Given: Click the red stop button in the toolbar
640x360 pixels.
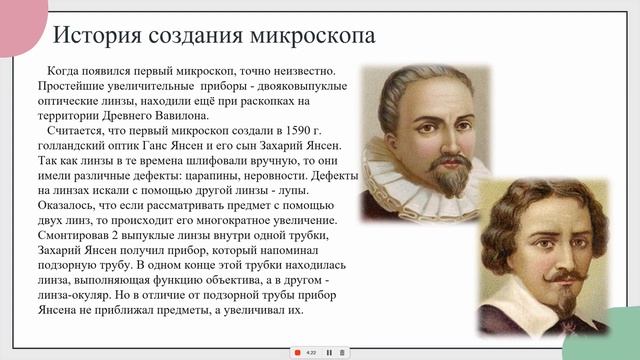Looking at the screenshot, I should [297, 352].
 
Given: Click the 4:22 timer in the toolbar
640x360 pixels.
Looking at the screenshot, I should [311, 352].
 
